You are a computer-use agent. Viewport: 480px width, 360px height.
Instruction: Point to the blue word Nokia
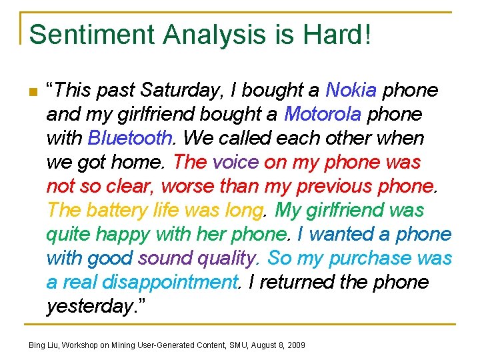352,90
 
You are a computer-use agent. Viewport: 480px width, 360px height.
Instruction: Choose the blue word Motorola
322,114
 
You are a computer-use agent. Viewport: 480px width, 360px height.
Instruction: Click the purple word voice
235,162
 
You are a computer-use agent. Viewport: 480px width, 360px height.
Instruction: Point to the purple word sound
164,258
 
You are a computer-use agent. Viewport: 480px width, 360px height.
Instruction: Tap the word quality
224,258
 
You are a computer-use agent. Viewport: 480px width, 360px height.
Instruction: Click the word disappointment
170,282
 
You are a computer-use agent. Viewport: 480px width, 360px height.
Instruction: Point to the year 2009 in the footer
295,345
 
